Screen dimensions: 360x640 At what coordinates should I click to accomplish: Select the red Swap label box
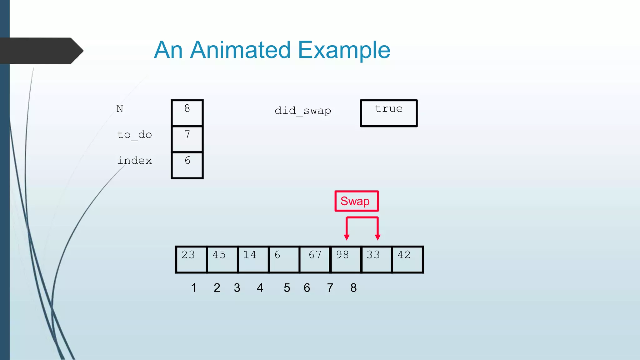tap(356, 201)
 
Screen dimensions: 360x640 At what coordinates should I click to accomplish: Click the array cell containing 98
tap(345, 259)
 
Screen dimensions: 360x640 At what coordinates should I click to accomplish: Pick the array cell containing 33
tap(376, 259)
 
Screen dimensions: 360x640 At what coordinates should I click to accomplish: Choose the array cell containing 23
tap(191, 259)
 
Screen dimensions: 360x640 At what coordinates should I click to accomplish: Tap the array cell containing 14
tap(253, 259)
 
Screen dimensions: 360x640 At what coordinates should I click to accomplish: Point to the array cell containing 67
tap(315, 259)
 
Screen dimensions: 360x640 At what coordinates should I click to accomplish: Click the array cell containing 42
tap(407, 259)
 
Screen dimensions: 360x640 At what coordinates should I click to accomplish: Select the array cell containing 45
tap(222, 259)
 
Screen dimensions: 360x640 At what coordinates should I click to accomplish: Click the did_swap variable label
tap(302, 111)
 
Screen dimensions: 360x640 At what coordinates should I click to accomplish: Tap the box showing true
tap(389, 113)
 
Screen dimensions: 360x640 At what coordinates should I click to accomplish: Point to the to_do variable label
tap(134, 135)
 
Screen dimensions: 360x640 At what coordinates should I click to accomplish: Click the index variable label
tap(134, 161)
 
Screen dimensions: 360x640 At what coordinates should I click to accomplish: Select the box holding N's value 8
tap(187, 112)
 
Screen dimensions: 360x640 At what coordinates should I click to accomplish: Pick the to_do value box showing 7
tap(187, 139)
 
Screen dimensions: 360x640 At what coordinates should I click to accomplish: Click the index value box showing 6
tap(187, 165)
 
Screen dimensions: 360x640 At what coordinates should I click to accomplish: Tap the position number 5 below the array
tap(287, 288)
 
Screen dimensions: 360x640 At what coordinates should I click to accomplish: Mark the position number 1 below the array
tap(194, 288)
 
